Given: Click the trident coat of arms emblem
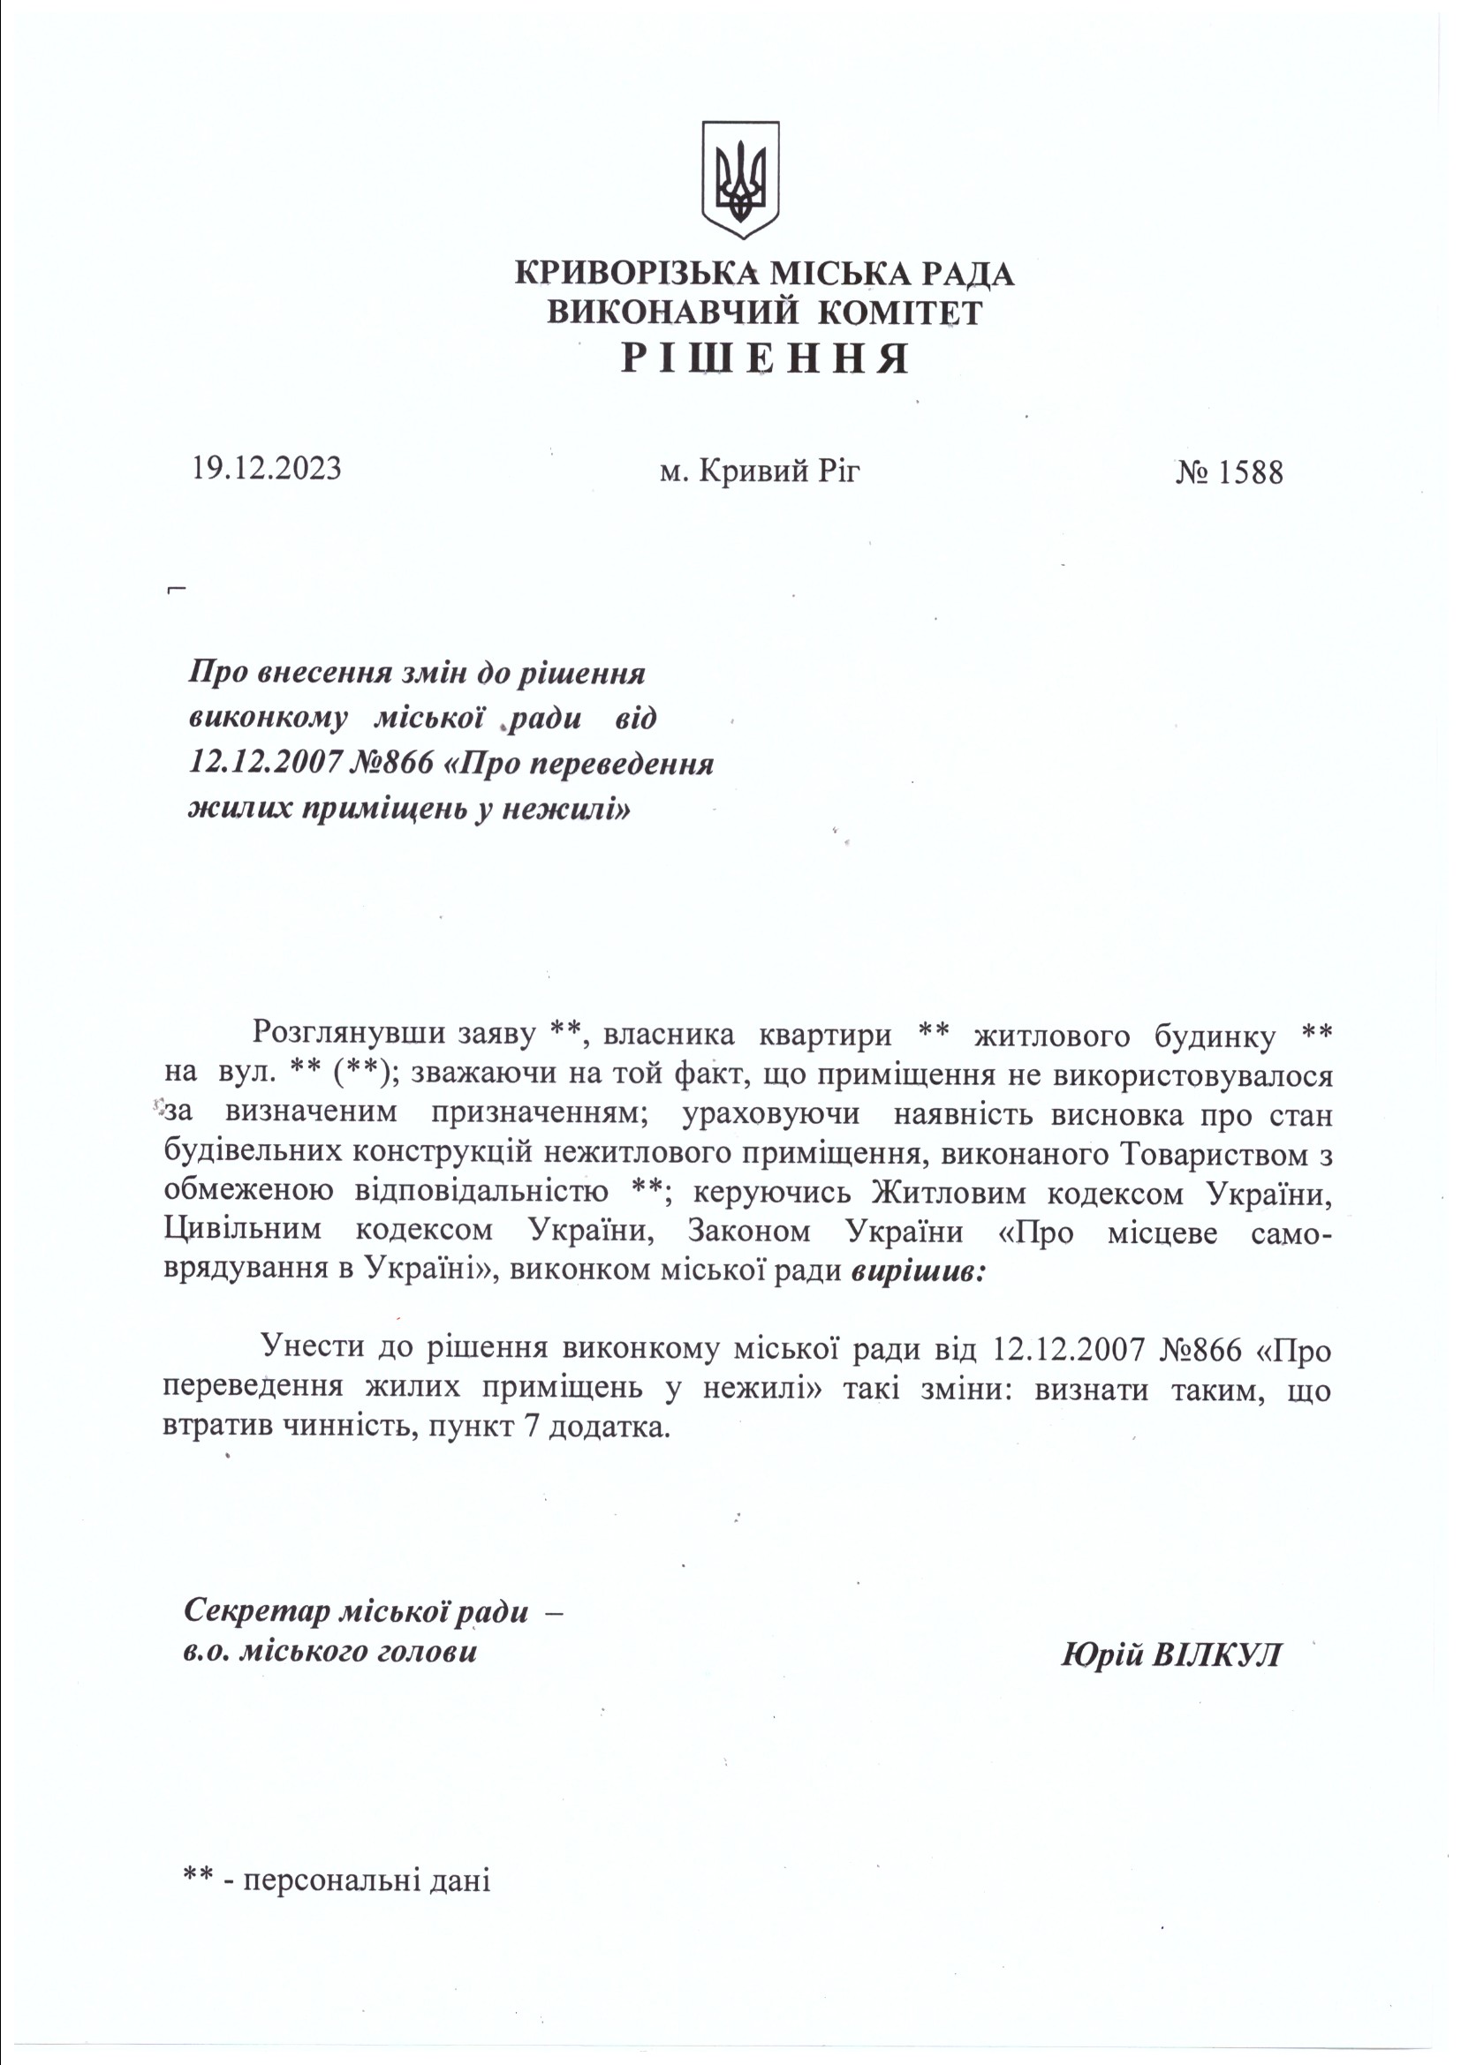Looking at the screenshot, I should click(x=739, y=180).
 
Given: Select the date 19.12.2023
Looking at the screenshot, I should click(x=265, y=469).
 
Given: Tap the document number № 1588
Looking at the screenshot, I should click(x=1228, y=471).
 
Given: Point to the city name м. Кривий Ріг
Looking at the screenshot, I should click(x=760, y=471).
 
